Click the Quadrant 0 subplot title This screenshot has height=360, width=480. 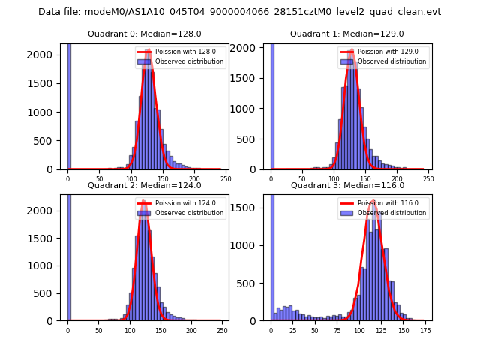(x=144, y=34)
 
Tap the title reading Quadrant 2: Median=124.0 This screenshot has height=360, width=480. (x=144, y=185)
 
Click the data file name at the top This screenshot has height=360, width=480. (x=239, y=12)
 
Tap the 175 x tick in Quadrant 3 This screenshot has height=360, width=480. (x=424, y=329)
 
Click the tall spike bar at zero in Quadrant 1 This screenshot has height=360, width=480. (x=272, y=105)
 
